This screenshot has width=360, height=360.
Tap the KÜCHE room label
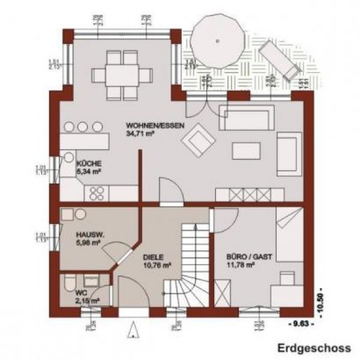pyautogui.click(x=88, y=163)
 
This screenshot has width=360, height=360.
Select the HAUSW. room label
pyautogui.click(x=89, y=235)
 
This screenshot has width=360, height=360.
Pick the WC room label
pyautogui.click(x=81, y=293)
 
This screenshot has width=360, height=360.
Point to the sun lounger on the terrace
pyautogui.click(x=280, y=62)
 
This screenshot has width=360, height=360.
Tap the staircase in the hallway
pyautogui.click(x=190, y=258)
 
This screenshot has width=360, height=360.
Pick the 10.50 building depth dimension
pyautogui.click(x=327, y=296)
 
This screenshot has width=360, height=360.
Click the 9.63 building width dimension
pyautogui.click(x=298, y=325)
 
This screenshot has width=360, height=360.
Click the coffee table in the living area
pyautogui.click(x=245, y=150)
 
